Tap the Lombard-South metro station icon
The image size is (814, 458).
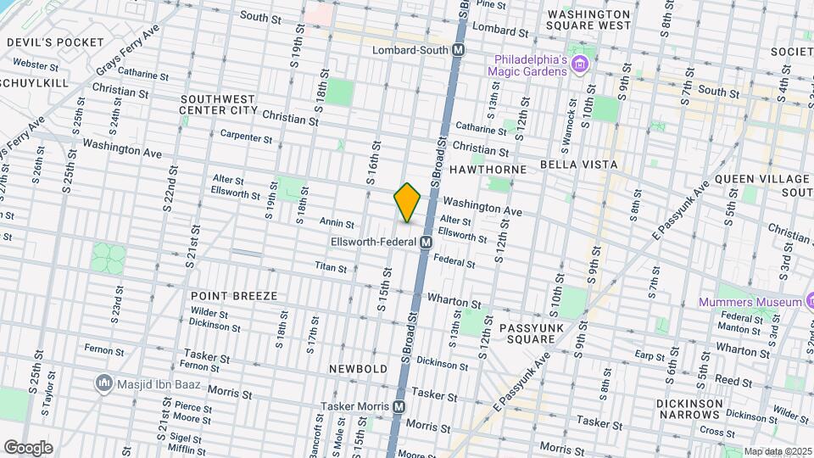click(x=458, y=50)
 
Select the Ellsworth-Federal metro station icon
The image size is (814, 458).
click(x=427, y=242)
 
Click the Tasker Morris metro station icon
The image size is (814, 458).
click(x=399, y=407)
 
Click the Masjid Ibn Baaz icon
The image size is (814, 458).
click(x=105, y=384)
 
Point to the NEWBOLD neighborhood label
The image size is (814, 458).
click(x=358, y=369)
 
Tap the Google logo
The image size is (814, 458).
click(x=28, y=447)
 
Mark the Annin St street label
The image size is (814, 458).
click(x=336, y=222)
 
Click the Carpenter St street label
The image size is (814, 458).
click(x=246, y=137)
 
